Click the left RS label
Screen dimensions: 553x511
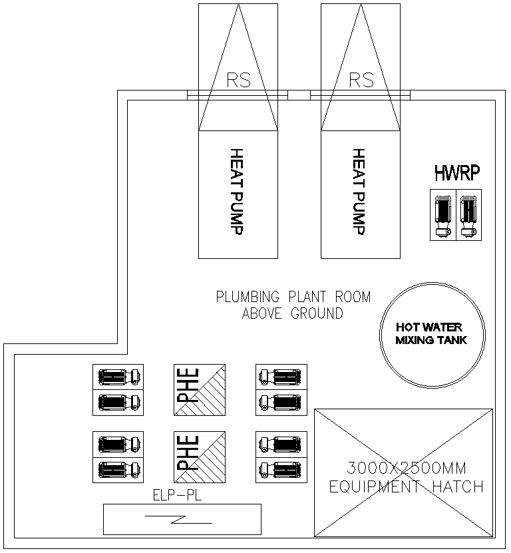[x=238, y=81]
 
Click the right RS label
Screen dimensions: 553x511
[x=361, y=81]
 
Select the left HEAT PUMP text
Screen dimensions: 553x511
[x=238, y=192]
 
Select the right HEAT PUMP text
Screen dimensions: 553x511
[x=360, y=192]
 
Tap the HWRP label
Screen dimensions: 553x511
[x=457, y=175]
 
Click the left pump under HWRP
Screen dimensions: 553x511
[x=442, y=215]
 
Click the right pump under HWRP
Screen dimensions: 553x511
[x=468, y=215]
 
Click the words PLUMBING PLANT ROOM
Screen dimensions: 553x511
[x=293, y=297]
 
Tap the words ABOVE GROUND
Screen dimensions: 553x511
[x=293, y=313]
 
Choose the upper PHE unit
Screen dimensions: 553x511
[x=199, y=390]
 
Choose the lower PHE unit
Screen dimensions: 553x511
[x=199, y=457]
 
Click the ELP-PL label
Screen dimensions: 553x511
[x=177, y=495]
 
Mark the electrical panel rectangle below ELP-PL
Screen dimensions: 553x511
[x=182, y=519]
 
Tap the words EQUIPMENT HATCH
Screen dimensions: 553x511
[x=406, y=486]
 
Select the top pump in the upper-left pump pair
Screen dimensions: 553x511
[x=118, y=377]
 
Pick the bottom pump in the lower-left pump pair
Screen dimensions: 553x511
[x=118, y=469]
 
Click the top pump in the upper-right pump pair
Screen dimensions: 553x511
[x=281, y=377]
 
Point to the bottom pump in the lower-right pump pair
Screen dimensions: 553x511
[x=281, y=469]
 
